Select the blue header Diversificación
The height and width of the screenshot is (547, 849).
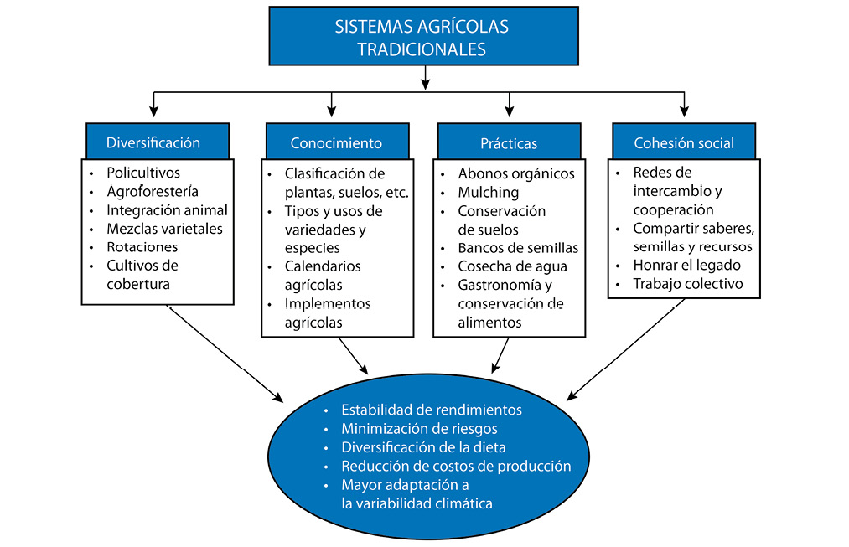click(x=153, y=142)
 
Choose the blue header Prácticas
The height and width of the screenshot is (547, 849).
click(x=509, y=143)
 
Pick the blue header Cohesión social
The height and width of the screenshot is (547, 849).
click(x=684, y=143)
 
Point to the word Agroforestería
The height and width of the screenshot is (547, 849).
click(x=153, y=192)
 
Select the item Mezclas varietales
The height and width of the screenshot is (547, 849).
click(x=164, y=229)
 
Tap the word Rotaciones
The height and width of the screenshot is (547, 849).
click(x=142, y=247)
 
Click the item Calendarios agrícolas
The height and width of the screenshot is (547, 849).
click(x=323, y=276)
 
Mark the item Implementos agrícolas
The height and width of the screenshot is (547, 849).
click(x=327, y=312)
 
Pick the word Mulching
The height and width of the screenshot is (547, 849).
click(x=489, y=193)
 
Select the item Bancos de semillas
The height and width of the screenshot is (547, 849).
click(x=518, y=248)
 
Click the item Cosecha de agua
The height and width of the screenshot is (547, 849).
click(x=512, y=266)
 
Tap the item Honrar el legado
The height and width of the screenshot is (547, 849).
click(x=686, y=266)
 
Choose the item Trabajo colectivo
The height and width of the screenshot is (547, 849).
click(x=688, y=284)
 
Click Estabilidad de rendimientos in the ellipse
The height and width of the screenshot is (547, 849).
click(x=432, y=410)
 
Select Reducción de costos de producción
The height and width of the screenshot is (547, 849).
click(x=456, y=467)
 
